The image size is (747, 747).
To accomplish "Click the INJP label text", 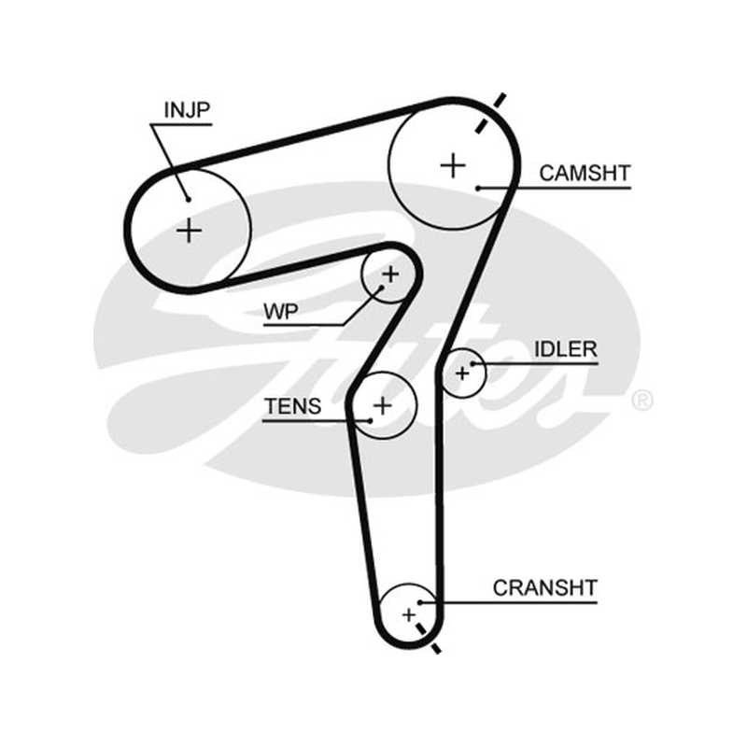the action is pyautogui.click(x=187, y=110).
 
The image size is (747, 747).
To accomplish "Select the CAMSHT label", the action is pyautogui.click(x=585, y=173).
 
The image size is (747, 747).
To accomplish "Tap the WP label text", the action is pyautogui.click(x=281, y=312).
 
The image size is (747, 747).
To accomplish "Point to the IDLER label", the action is pyautogui.click(x=566, y=349).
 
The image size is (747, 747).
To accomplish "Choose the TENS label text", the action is pyautogui.click(x=293, y=406).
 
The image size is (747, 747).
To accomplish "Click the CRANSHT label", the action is pyautogui.click(x=545, y=588).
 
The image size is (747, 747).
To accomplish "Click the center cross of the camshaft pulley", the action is pyautogui.click(x=453, y=166).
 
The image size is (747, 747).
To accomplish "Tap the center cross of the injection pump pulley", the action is pyautogui.click(x=190, y=231).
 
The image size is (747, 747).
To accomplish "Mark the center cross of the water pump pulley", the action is pyautogui.click(x=391, y=274).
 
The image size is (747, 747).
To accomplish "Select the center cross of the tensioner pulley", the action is pyautogui.click(x=383, y=405).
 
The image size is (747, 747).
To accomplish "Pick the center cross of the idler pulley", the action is pyautogui.click(x=462, y=373).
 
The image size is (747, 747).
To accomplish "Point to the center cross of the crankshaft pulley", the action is pyautogui.click(x=408, y=615).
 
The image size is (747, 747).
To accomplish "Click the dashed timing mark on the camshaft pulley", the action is pyautogui.click(x=490, y=114).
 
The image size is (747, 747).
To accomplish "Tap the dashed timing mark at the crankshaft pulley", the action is pyautogui.click(x=429, y=639).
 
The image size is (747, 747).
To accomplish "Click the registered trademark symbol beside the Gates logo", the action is pyautogui.click(x=642, y=401).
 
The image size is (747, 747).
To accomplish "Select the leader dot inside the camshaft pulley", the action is pyautogui.click(x=478, y=189).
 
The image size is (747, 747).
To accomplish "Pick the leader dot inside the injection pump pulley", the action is pyautogui.click(x=189, y=200).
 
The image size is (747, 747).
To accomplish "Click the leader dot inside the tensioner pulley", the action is pyautogui.click(x=370, y=421).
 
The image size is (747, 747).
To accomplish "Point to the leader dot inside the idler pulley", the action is pyautogui.click(x=473, y=364).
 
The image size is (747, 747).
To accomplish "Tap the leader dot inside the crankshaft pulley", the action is pyautogui.click(x=420, y=602).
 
